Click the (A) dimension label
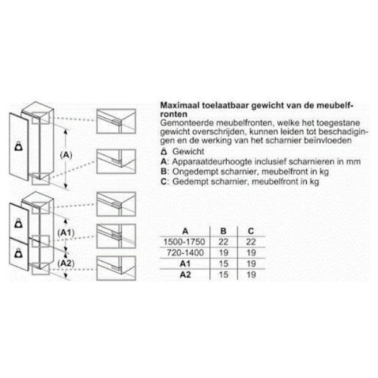(x=66, y=155)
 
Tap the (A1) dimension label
(x=66, y=232)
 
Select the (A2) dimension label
(x=66, y=263)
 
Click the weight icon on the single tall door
(x=18, y=146)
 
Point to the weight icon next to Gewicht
(x=164, y=152)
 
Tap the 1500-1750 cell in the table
(x=184, y=242)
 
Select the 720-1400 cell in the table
(x=185, y=253)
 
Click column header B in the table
(x=223, y=231)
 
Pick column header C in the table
(x=251, y=231)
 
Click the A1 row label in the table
(x=185, y=263)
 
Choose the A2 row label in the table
(x=185, y=274)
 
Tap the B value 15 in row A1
(x=224, y=263)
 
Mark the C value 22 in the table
(x=251, y=242)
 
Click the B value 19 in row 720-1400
(x=224, y=253)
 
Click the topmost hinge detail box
(x=116, y=121)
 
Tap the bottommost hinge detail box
(x=116, y=268)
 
